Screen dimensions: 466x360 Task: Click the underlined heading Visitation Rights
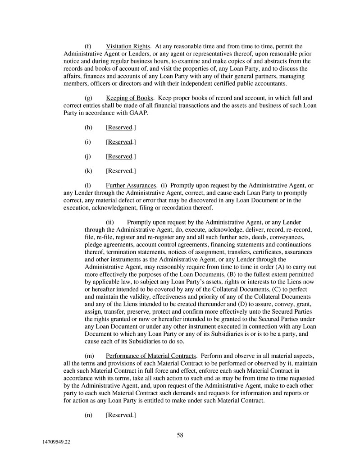tap(128, 46)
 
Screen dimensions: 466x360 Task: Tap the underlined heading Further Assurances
tap(131, 185)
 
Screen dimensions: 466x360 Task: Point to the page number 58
tap(180, 435)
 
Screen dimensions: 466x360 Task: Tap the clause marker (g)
tap(88, 98)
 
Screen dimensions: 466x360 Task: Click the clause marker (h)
tap(88, 128)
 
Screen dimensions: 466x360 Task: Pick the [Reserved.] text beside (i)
tap(121, 142)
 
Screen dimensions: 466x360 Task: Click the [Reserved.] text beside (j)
tap(121, 156)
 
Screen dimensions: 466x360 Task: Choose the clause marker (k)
tap(88, 171)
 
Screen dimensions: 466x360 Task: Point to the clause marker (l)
tap(88, 185)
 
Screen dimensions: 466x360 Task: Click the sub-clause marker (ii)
tap(110, 222)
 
